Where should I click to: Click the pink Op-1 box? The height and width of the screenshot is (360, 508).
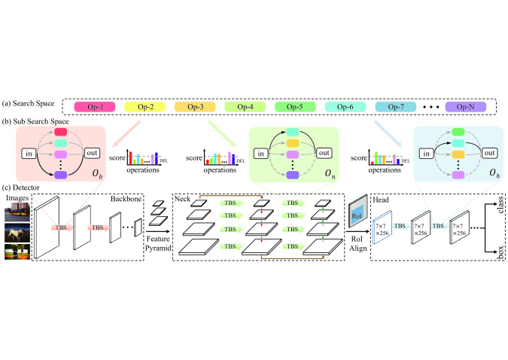point(96,107)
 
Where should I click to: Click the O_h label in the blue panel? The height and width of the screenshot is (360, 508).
point(490,175)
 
